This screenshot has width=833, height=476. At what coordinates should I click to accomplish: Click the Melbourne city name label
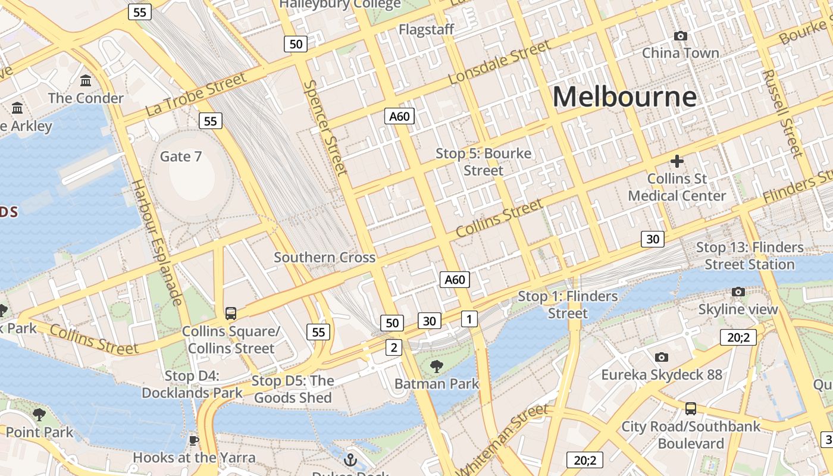624,96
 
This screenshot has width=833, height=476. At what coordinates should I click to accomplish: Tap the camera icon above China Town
681,36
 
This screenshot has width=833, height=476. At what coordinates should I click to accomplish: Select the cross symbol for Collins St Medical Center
677,161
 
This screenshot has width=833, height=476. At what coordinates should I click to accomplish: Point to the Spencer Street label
325,128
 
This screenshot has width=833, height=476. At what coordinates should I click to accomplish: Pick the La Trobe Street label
196,94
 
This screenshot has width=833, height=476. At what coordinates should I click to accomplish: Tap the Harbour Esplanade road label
157,242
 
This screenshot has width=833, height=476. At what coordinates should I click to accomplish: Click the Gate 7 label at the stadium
181,156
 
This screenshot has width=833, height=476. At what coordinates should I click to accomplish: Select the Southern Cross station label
324,258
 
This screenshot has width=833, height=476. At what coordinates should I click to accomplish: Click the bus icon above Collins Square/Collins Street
231,313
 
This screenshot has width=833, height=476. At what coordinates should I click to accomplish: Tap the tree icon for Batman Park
436,366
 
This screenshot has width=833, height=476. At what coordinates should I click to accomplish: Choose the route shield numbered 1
469,319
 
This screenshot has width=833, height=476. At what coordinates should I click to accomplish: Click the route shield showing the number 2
393,347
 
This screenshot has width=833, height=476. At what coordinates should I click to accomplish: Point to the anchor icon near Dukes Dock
350,460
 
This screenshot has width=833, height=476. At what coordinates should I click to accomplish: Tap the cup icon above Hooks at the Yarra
193,441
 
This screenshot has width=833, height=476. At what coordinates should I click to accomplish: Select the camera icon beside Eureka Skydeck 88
661,357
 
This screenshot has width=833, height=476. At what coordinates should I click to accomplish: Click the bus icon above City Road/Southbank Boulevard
691,409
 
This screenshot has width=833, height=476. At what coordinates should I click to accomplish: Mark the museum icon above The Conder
86,80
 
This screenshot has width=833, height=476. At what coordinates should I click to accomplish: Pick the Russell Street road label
783,113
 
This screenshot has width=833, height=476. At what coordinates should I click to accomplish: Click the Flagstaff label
427,29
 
